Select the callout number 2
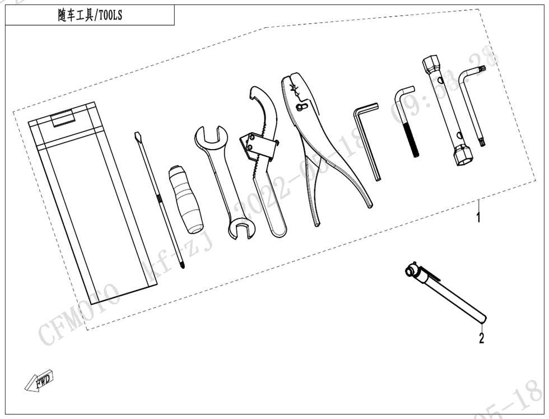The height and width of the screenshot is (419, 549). pyautogui.click(x=481, y=338)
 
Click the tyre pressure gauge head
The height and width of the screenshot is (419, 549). pyautogui.click(x=415, y=271)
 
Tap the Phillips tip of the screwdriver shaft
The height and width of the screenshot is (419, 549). pyautogui.click(x=182, y=263)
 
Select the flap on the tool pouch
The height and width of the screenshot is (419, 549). pyautogui.click(x=63, y=118)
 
